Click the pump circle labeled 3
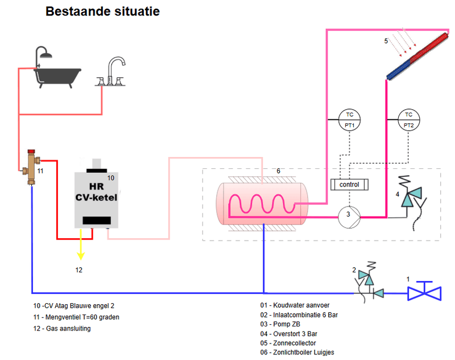(x=348, y=215)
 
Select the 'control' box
(x=349, y=185)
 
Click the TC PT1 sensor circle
(x=349, y=119)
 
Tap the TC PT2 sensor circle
(x=408, y=119)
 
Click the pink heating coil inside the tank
(x=256, y=204)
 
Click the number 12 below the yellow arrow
(x=79, y=270)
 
